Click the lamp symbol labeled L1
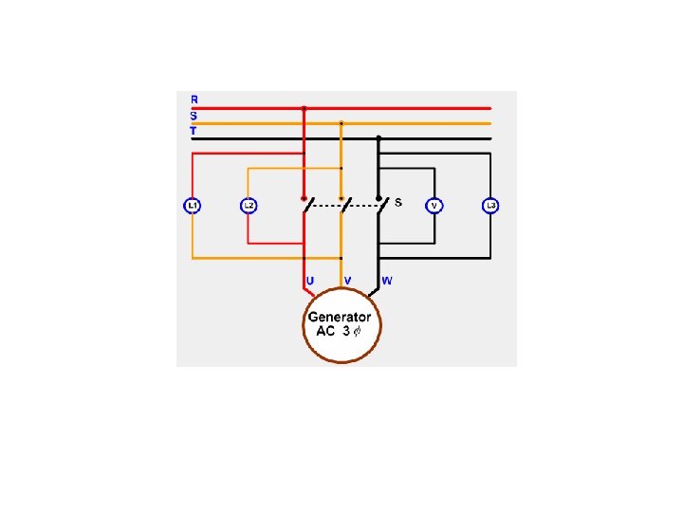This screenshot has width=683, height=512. coord(192,205)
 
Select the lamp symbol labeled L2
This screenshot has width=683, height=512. coord(249,205)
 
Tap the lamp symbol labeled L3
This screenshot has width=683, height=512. coord(491,205)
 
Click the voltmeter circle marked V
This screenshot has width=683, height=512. coord(434,205)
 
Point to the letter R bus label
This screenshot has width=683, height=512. coord(194,99)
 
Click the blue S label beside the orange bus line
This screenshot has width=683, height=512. coord(194,116)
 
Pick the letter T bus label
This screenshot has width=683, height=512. coord(194,131)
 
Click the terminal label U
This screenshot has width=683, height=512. coord(310,281)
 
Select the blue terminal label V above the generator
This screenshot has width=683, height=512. coord(348,281)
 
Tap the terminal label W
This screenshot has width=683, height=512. coord(387,281)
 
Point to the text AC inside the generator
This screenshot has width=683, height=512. coord(325,331)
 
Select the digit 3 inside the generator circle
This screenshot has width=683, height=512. coord(347,331)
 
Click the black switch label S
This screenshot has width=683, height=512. coord(398,202)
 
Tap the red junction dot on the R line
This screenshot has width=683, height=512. coord(304,108)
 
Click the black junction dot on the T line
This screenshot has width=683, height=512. coord(378,138)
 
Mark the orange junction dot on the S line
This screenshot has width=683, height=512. coord(341,123)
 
